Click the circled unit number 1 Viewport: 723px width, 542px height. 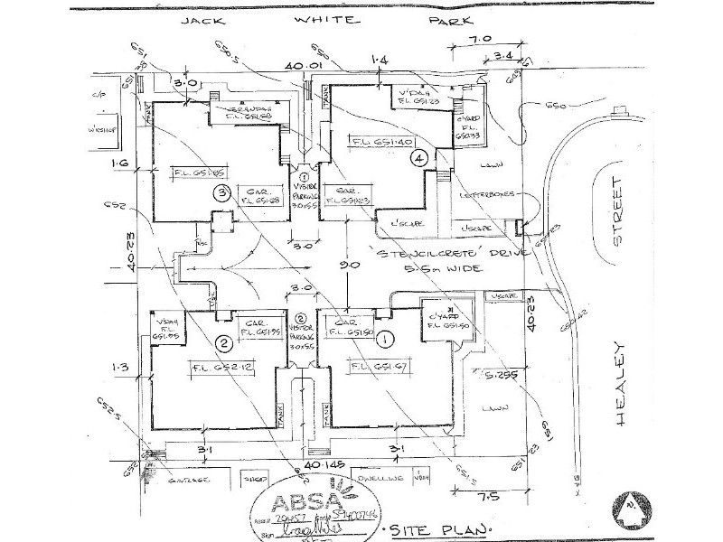387,341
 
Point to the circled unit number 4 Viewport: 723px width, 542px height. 418,157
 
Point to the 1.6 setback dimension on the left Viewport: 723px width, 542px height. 121,163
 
